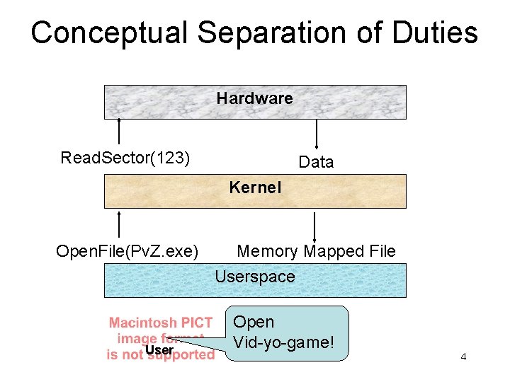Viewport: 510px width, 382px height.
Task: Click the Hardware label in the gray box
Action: coord(254,98)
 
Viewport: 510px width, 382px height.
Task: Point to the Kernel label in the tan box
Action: coord(255,187)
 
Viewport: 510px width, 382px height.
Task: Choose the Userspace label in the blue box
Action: coord(255,277)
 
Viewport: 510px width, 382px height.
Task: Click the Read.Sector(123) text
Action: coord(125,157)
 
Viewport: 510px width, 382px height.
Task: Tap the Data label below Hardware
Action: coord(316,162)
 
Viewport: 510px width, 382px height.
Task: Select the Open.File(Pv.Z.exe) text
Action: coord(127,251)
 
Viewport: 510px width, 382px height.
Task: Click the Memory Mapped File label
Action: coord(316,251)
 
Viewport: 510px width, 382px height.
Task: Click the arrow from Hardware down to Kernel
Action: coord(316,134)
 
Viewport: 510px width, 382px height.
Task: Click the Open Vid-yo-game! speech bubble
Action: coord(290,332)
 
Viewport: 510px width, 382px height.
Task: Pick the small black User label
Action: coord(159,350)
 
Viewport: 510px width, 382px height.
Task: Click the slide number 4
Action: coord(463,357)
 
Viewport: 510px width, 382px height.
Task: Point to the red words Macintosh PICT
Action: coord(161,323)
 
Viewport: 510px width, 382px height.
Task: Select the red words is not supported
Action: coord(161,355)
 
